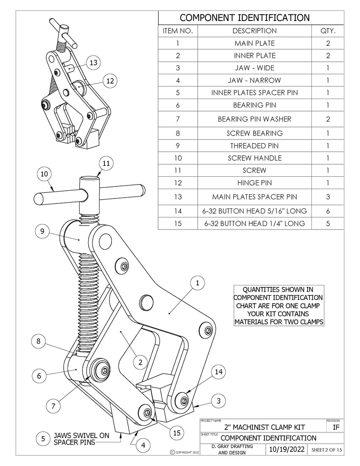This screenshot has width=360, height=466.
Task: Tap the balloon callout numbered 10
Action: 45,174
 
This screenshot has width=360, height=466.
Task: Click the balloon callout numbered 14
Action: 219,372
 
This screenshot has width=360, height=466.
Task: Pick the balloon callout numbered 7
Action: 53,406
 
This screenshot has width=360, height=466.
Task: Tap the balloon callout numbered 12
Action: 110,80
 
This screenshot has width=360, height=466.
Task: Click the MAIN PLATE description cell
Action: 254,43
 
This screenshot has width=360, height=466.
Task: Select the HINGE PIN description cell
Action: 254,183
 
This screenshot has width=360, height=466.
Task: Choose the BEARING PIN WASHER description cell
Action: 254,119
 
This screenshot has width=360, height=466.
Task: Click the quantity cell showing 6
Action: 328,211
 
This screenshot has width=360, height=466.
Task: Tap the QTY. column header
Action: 328,31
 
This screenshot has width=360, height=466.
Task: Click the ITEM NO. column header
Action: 178,31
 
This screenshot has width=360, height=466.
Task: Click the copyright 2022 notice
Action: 184,452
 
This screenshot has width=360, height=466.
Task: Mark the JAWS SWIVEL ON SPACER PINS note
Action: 81,439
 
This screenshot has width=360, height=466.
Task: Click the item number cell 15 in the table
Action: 178,223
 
